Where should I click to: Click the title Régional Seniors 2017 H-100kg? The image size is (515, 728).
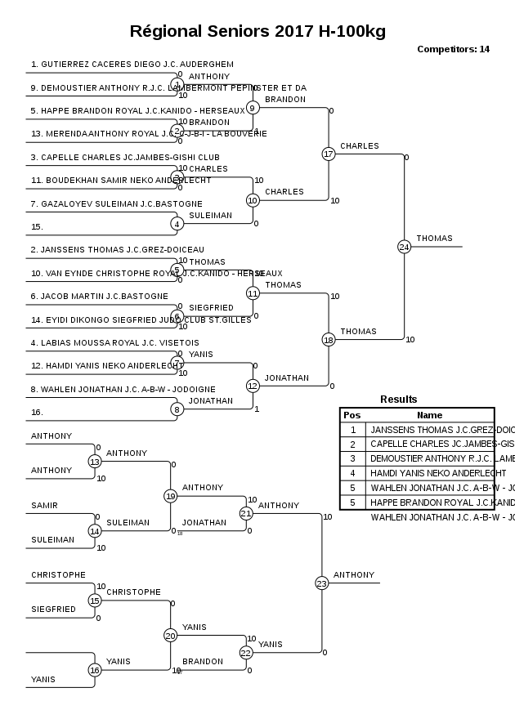257,32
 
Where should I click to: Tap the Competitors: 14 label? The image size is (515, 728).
453,49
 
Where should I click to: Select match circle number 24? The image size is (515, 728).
404,246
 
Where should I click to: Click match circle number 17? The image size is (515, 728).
329,154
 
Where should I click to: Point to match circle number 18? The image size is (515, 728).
329,339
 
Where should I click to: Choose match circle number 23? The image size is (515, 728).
321,583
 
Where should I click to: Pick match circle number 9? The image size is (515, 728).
253,107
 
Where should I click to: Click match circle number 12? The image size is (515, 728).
253,386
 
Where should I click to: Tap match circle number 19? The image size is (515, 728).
170,495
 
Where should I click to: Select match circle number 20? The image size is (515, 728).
170,635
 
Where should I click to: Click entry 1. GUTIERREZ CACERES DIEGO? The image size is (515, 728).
132,64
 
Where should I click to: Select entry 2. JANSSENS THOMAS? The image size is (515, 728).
117,249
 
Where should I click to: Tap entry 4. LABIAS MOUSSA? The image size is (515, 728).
114,342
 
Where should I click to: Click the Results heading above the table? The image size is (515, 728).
398,400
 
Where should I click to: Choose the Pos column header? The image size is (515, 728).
352,415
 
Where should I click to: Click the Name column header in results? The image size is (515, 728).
429,415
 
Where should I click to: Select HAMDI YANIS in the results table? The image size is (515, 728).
437,472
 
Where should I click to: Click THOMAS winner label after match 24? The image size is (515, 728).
434,239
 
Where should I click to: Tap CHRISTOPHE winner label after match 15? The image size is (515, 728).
133,592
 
